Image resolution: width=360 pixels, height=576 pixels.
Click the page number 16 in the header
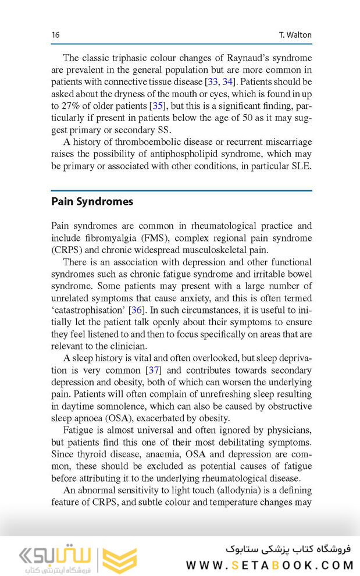coord(55,35)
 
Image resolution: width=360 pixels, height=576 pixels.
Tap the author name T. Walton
coord(295,35)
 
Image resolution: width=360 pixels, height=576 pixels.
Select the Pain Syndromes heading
coord(92,201)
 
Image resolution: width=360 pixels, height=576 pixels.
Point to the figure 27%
coord(72,105)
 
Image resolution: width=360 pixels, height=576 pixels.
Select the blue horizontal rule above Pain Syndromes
coord(181,190)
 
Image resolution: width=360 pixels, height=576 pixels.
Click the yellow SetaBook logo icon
coord(120,560)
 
